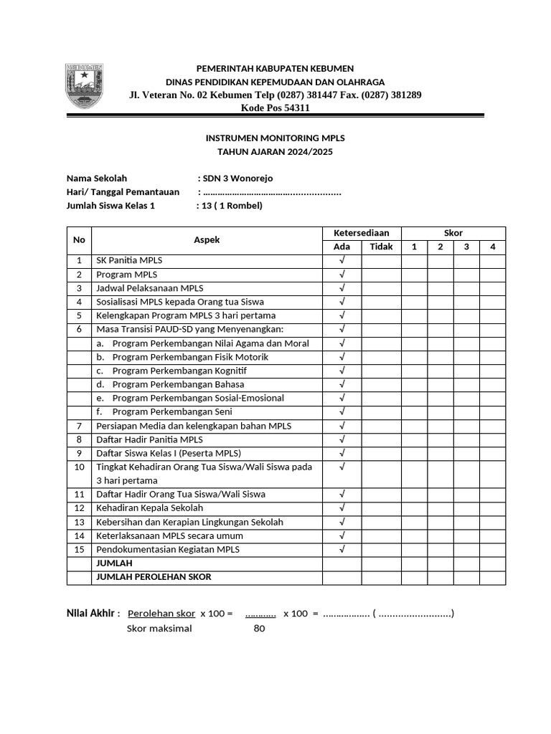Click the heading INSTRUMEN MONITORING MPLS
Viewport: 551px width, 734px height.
tap(275, 138)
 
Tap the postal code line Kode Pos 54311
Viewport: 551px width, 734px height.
tap(275, 108)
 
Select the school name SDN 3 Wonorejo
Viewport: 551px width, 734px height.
tap(238, 178)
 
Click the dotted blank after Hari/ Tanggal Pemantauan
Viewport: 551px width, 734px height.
tap(272, 192)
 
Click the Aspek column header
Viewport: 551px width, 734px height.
tap(207, 240)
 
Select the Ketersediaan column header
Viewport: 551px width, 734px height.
tap(362, 233)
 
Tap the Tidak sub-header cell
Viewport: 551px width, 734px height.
tap(381, 247)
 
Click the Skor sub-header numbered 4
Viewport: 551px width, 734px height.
tap(492, 247)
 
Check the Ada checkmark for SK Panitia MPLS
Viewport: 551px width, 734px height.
tap(342, 261)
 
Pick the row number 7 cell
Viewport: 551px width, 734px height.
tap(79, 426)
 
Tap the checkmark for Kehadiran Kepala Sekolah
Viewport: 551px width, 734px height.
tap(342, 508)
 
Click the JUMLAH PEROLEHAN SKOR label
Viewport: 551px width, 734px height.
tap(154, 577)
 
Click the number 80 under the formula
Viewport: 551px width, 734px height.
tap(260, 629)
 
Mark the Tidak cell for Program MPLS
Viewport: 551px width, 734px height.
tap(381, 275)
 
